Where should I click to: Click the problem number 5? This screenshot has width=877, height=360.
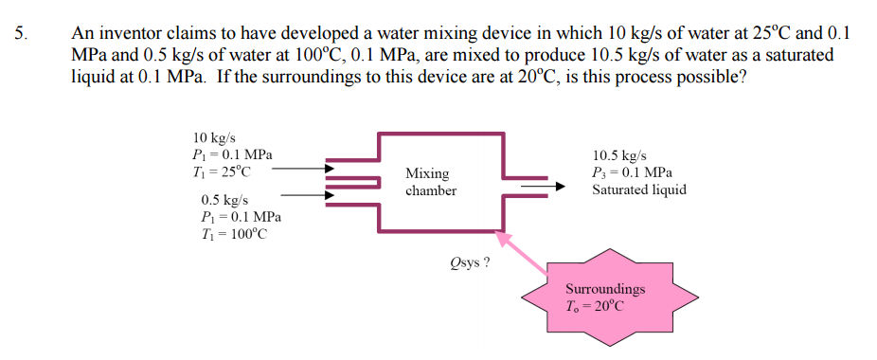tap(22, 33)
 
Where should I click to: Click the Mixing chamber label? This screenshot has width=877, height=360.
tap(431, 182)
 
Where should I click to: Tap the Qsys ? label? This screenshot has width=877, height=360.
tap(470, 262)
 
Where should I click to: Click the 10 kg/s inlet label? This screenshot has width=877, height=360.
tap(213, 138)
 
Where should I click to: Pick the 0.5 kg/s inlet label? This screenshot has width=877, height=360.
tap(224, 201)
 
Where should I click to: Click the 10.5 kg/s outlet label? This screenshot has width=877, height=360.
tap(620, 155)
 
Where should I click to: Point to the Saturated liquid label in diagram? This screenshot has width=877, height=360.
tap(639, 189)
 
